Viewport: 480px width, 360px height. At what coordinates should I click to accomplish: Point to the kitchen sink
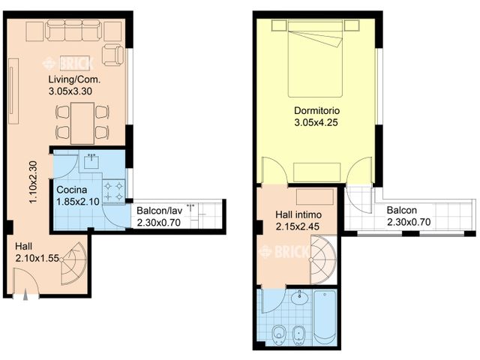point(93,159)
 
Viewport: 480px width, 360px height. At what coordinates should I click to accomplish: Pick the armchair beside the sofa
point(113,55)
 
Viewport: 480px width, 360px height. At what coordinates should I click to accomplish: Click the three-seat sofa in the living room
point(73,31)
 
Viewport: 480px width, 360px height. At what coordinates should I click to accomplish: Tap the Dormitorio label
point(316,112)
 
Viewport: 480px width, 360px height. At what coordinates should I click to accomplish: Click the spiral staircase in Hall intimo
point(323,259)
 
